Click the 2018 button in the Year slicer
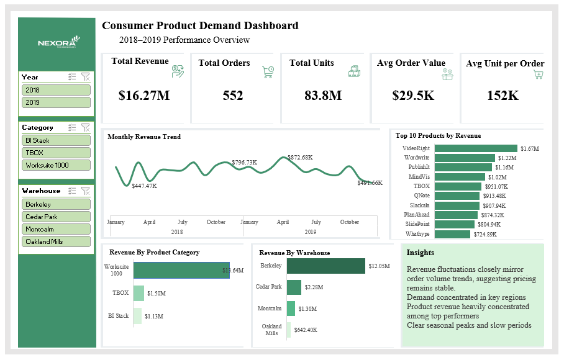coord(56,90)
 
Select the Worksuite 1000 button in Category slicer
coord(56,166)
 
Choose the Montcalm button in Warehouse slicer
coord(56,229)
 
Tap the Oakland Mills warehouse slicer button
coord(56,241)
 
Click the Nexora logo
coord(57,43)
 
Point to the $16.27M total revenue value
coord(144,96)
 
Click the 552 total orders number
coord(233,96)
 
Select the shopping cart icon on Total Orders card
coord(268,72)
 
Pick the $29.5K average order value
coord(413,96)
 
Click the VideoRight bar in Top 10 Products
coord(476,148)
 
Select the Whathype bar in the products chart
coord(453,234)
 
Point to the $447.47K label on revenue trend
coord(144,186)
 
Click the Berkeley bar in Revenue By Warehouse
coord(325,266)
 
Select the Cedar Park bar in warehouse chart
coord(294,287)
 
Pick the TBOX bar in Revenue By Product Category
coord(139,293)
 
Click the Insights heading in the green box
coord(421,253)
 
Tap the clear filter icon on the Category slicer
coord(86,127)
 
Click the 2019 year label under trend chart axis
coord(311,231)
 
